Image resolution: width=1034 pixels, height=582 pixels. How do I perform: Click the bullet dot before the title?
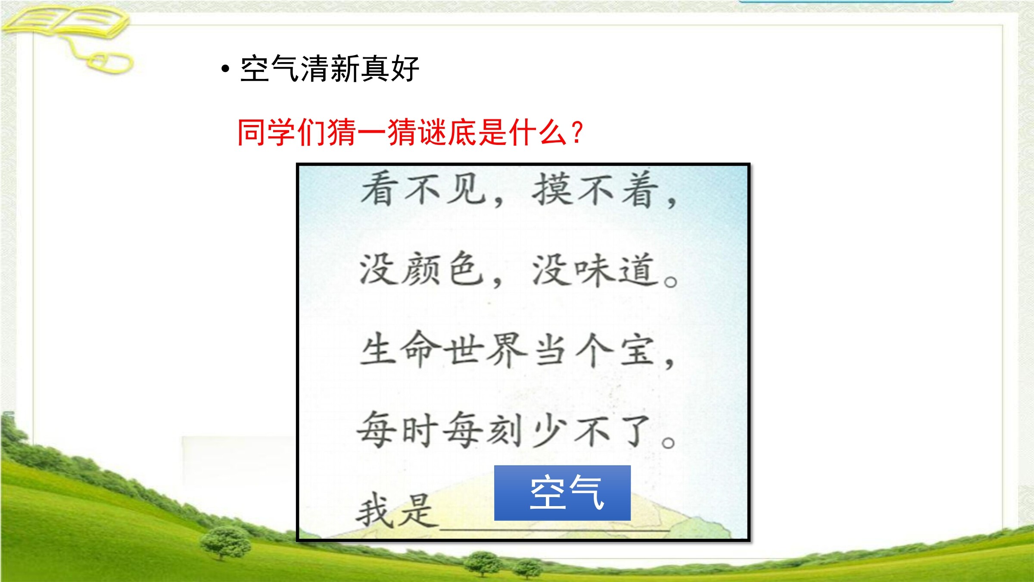point(225,69)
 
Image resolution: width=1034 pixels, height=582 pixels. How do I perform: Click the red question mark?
point(576,132)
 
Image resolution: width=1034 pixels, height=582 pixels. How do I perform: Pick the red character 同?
point(252,132)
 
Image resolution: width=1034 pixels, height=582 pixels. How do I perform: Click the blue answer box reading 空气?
point(562,493)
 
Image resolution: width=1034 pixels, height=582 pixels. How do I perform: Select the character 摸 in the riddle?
point(551,189)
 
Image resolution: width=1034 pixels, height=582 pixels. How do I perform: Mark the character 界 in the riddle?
point(507,350)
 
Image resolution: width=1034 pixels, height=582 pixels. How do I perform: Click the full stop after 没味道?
point(671,282)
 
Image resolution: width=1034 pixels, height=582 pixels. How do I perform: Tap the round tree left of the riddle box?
point(226,542)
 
